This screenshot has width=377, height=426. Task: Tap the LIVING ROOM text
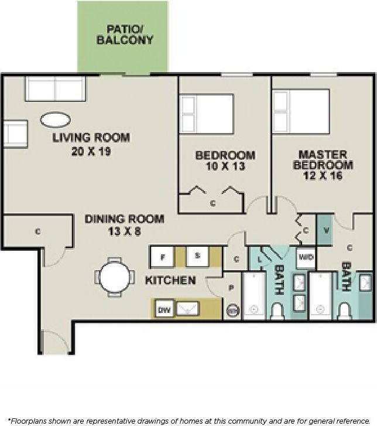(x=91, y=138)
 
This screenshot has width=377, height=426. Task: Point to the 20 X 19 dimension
(x=91, y=151)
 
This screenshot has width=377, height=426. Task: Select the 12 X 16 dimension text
(x=323, y=176)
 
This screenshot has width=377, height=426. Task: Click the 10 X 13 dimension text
(x=225, y=166)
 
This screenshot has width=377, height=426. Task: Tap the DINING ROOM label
(x=124, y=219)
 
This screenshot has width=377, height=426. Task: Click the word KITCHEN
(x=170, y=281)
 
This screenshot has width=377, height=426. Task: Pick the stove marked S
(x=198, y=257)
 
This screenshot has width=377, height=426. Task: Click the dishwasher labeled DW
(x=164, y=309)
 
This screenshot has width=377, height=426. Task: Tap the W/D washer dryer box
(x=306, y=257)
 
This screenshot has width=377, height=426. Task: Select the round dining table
(x=116, y=277)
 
